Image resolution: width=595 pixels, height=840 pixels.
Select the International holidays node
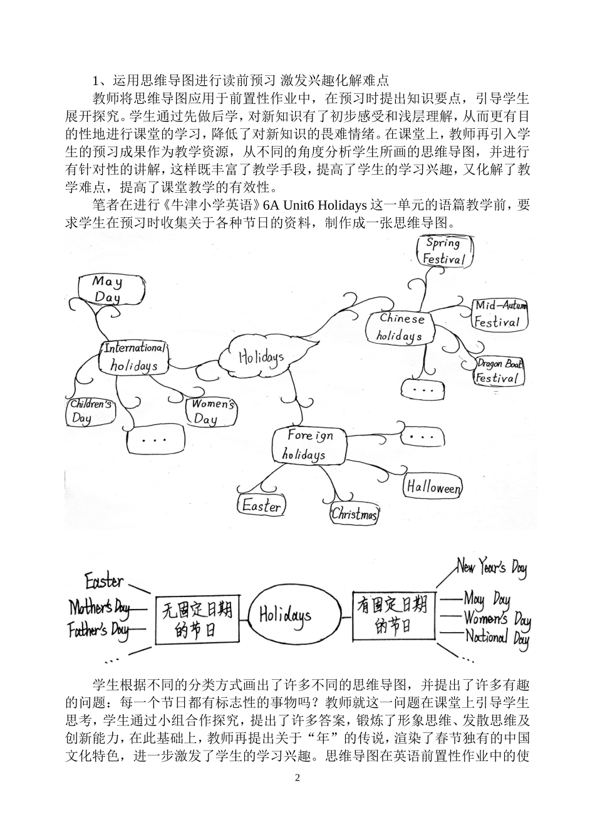[134, 357]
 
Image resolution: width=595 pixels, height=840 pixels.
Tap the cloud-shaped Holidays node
[261, 358]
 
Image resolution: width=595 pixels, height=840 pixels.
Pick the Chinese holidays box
[401, 327]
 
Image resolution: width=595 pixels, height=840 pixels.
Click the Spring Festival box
[444, 251]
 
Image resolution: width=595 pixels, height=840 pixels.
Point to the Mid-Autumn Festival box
[499, 314]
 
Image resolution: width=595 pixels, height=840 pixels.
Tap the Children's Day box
[90, 411]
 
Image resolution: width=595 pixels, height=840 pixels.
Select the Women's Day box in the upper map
[212, 411]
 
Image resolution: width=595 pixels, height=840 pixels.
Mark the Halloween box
[433, 487]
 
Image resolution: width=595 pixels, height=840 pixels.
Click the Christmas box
[354, 514]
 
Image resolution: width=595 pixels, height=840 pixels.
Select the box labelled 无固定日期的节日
[197, 618]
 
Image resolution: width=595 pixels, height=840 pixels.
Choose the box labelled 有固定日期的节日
[393, 615]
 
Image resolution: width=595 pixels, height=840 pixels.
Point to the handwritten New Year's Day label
[492, 568]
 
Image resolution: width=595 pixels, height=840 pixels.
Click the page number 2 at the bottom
[297, 778]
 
